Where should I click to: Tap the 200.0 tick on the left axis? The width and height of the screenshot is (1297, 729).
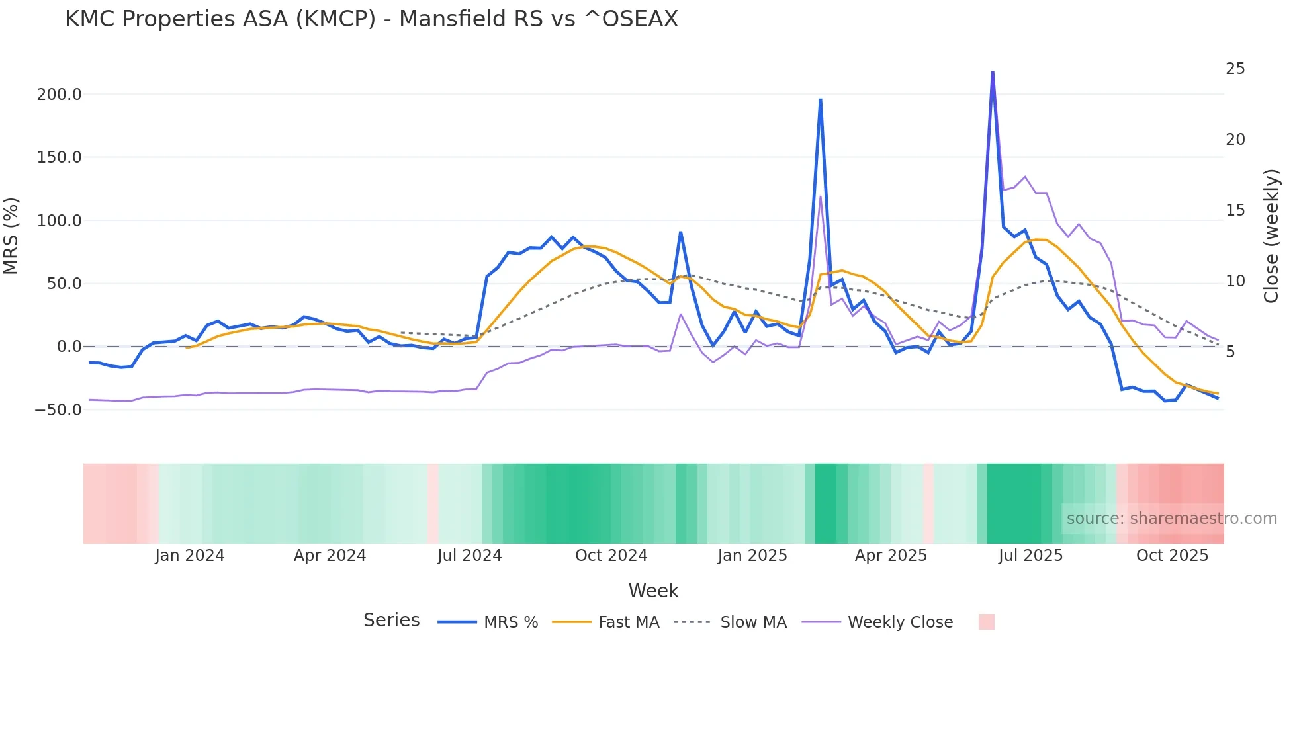[60, 95]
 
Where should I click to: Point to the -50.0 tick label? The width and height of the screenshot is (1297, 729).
[58, 410]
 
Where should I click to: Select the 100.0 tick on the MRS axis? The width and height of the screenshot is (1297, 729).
[60, 221]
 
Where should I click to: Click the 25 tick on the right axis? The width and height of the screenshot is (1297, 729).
[1235, 69]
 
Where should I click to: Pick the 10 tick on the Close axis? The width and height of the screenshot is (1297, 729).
[1235, 281]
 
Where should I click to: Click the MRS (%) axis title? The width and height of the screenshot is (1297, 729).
[11, 236]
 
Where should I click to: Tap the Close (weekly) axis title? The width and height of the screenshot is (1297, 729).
[1271, 236]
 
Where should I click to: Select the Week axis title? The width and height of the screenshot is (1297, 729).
[653, 591]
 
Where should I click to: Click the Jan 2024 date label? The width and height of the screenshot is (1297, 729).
[190, 556]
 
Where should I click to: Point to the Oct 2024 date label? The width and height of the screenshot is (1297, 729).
[611, 556]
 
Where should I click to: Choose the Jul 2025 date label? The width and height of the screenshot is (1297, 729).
[1030, 556]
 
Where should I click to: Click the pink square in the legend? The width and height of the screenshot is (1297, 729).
[986, 622]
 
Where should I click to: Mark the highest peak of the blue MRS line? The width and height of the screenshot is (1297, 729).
[993, 72]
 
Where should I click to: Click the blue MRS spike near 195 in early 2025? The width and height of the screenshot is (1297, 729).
[821, 100]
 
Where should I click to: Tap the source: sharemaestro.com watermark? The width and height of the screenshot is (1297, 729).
[1171, 519]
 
